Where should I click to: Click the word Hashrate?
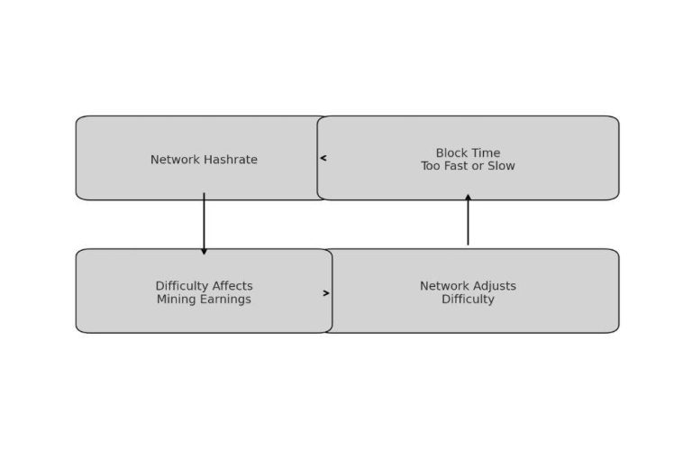point(230,160)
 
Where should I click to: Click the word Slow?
point(500,166)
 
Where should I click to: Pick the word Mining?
point(177,300)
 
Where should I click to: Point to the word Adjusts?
point(495,286)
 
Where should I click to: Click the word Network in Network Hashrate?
point(175,160)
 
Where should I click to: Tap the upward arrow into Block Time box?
point(468,219)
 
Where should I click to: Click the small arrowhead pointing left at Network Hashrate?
point(323,158)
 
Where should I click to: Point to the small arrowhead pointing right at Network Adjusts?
point(326,293)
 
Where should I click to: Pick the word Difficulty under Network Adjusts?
point(468,300)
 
